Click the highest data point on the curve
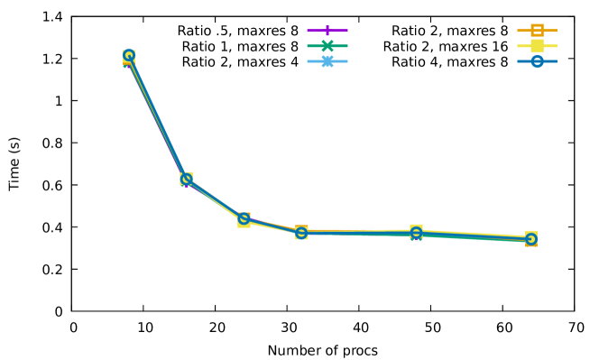coord(129,56)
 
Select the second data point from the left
coord(186,179)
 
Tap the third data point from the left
coord(244,218)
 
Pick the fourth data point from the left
coord(301,232)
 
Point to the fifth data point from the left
coord(416,232)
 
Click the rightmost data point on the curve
coord(530,238)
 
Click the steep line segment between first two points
coord(157,117)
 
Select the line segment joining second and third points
coord(215,198)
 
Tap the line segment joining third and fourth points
coord(272,226)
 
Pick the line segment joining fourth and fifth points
coord(358,232)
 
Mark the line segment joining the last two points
coord(474,235)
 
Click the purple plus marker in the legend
coord(327,31)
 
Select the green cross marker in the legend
coord(327,46)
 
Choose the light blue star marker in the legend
coord(327,61)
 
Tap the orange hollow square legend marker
coord(537,31)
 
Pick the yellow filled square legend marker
coord(537,46)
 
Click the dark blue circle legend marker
coord(537,61)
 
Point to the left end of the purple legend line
coord(308,31)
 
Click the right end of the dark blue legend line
coord(556,61)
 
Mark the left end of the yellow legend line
coord(518,46)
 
